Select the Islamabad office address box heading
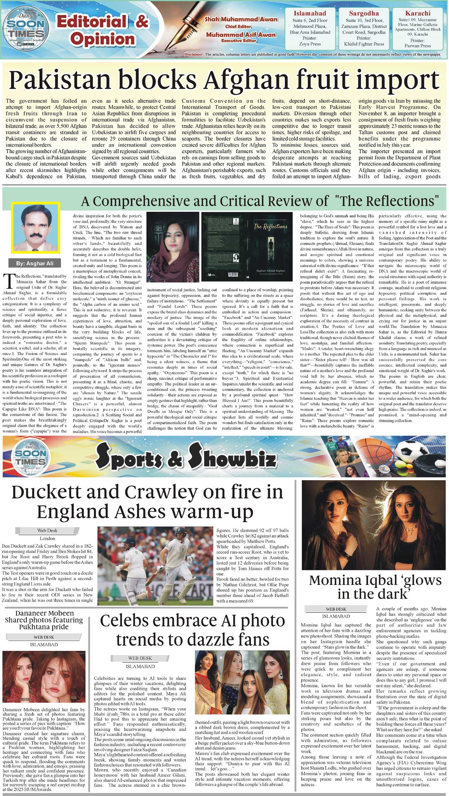tap(310, 13)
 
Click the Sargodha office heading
tap(364, 13)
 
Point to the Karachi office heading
tap(418, 13)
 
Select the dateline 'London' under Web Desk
tap(47, 538)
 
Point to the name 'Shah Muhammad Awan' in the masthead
tap(241, 19)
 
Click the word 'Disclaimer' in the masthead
tap(194, 54)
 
